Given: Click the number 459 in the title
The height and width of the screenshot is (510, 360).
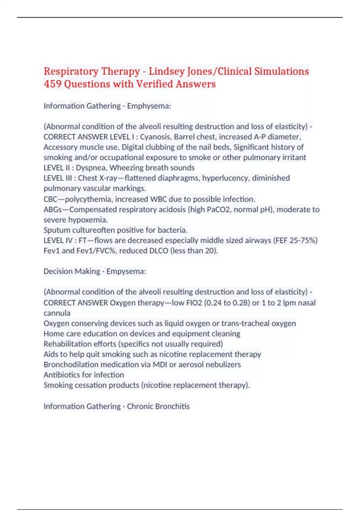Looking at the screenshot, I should [52, 84].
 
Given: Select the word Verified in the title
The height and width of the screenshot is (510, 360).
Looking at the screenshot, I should [154, 84].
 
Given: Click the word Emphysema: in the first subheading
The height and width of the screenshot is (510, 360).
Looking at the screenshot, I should [149, 106].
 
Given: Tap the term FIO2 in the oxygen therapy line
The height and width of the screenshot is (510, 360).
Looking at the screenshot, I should [194, 303].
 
